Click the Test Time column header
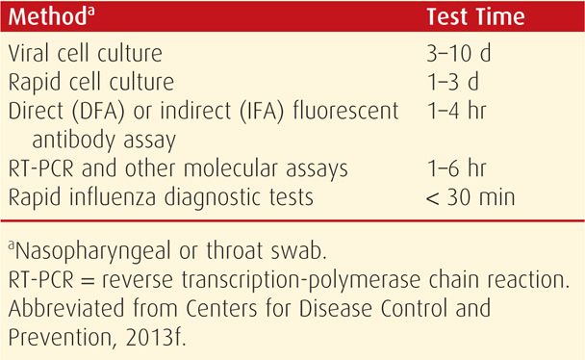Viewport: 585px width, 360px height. pyautogui.click(x=475, y=16)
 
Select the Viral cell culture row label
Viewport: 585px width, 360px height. pyautogui.click(x=85, y=53)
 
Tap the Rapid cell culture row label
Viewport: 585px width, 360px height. pyautogui.click(x=91, y=82)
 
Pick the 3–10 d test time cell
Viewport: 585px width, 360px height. pyautogui.click(x=459, y=53)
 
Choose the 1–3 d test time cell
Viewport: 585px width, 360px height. pyautogui.click(x=452, y=82)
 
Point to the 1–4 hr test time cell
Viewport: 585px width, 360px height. pyautogui.click(x=457, y=111)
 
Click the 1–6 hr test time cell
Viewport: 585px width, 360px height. pyautogui.click(x=457, y=168)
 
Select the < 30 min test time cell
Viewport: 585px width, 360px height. pyautogui.click(x=471, y=197)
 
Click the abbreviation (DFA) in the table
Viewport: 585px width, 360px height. pyautogui.click(x=98, y=111)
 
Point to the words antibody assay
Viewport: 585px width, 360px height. pyautogui.click(x=104, y=141)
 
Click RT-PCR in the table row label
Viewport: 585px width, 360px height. pyautogui.click(x=41, y=168)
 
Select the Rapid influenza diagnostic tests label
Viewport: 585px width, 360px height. pyautogui.click(x=161, y=197)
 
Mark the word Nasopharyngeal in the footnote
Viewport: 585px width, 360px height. pyautogui.click(x=93, y=251)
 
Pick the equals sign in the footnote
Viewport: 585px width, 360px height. pyautogui.click(x=88, y=280)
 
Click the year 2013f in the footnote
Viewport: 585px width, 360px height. pyautogui.click(x=156, y=338)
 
